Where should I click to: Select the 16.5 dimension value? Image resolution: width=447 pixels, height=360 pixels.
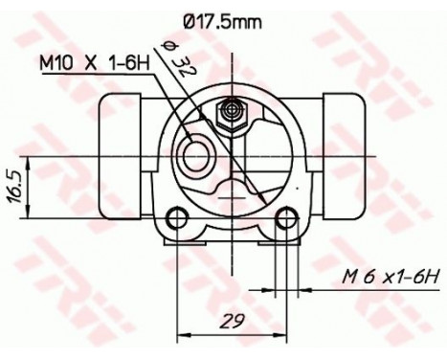[x=13, y=179]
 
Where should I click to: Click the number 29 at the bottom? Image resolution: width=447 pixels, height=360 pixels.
[x=230, y=320]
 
